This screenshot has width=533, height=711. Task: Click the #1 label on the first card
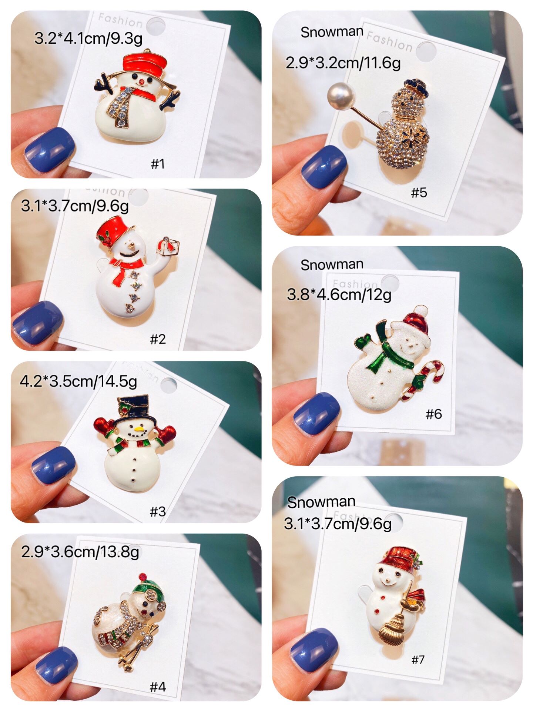158,163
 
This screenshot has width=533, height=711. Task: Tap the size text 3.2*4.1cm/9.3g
88,38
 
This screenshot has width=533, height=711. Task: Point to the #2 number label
158,338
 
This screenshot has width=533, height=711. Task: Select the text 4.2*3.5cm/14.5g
78,381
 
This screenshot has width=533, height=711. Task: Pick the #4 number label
158,687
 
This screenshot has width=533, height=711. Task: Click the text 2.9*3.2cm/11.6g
343,63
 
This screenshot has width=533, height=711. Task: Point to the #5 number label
419,192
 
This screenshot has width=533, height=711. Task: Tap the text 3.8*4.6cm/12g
339,295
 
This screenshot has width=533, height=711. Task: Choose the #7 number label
418,659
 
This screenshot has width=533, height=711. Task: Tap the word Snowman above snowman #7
321,502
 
